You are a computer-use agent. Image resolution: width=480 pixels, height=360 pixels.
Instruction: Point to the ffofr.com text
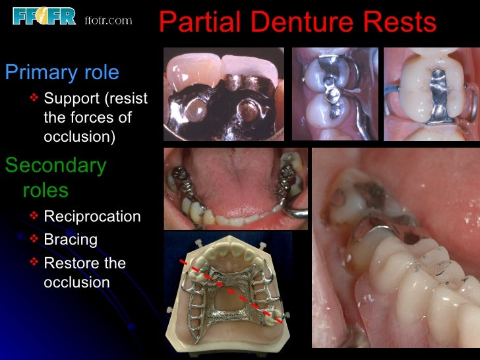click(x=109, y=20)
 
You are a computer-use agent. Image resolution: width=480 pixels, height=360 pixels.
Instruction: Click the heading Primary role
click(x=62, y=72)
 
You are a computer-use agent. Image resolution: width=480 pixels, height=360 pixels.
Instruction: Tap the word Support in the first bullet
click(x=71, y=99)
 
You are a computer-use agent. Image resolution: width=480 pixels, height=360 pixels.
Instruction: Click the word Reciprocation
click(x=92, y=216)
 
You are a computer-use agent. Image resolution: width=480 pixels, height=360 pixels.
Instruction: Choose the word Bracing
click(x=71, y=239)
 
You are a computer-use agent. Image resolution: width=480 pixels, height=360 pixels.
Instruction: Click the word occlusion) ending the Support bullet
click(x=80, y=137)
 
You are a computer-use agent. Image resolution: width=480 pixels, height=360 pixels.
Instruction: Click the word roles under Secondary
click(x=45, y=191)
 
